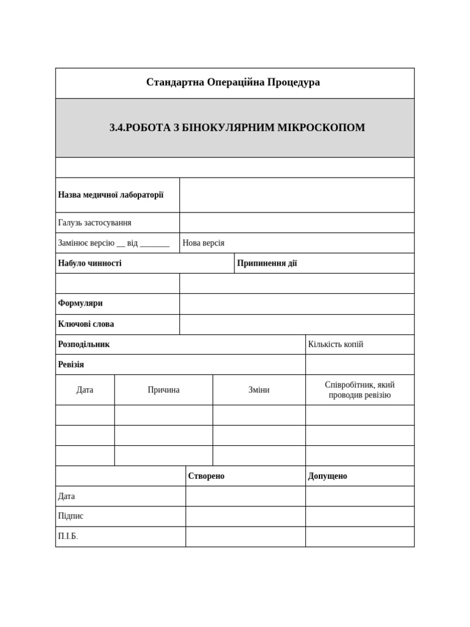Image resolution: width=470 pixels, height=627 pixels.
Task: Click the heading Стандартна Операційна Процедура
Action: (233, 82)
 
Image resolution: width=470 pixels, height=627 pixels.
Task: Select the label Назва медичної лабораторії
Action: (111, 195)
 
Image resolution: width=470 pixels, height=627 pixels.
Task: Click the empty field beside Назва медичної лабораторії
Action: (296, 195)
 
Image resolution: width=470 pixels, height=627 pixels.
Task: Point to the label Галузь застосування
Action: (95, 223)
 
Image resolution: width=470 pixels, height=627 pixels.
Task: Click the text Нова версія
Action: (204, 243)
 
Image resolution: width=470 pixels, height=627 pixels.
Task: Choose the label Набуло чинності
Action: (90, 263)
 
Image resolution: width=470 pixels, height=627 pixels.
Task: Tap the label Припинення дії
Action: (267, 263)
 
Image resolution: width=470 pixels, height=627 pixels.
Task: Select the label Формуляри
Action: (80, 304)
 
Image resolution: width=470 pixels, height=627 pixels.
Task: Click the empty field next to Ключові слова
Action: (296, 325)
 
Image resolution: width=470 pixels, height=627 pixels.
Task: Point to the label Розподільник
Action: (84, 344)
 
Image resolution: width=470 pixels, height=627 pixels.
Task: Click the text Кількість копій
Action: (335, 344)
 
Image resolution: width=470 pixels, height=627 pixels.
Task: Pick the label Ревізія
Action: (71, 364)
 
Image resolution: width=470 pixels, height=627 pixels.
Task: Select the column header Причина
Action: (163, 390)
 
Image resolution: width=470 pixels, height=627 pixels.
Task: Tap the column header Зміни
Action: (259, 390)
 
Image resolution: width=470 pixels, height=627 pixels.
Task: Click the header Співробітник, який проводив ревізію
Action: (359, 390)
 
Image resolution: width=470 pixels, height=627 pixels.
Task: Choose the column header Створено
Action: (206, 476)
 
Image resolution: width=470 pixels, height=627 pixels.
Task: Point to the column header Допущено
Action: (327, 476)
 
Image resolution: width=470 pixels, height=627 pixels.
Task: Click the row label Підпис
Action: (71, 516)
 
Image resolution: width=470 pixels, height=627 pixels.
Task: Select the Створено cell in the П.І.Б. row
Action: (245, 536)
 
